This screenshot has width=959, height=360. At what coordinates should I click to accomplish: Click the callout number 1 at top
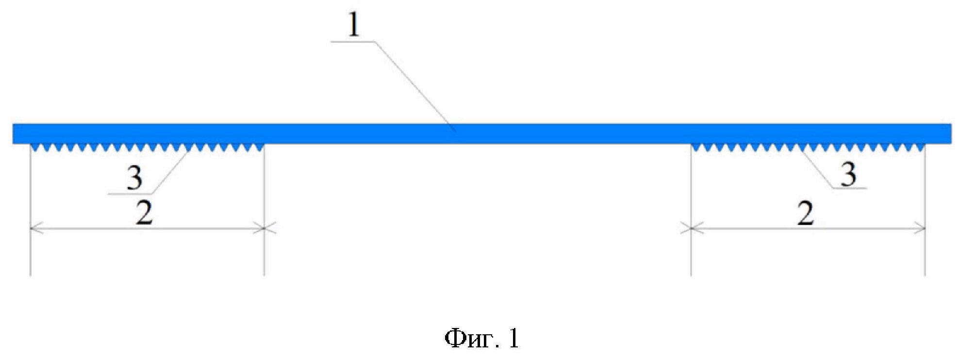tap(354, 25)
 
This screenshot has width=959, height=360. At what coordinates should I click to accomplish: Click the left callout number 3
tap(134, 178)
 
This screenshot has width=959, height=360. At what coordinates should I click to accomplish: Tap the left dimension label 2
tap(144, 213)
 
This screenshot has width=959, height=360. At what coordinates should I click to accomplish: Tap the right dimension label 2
tap(806, 213)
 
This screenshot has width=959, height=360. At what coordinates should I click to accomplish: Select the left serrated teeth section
tap(147, 147)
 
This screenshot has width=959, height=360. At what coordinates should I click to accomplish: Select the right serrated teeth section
tap(808, 147)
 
